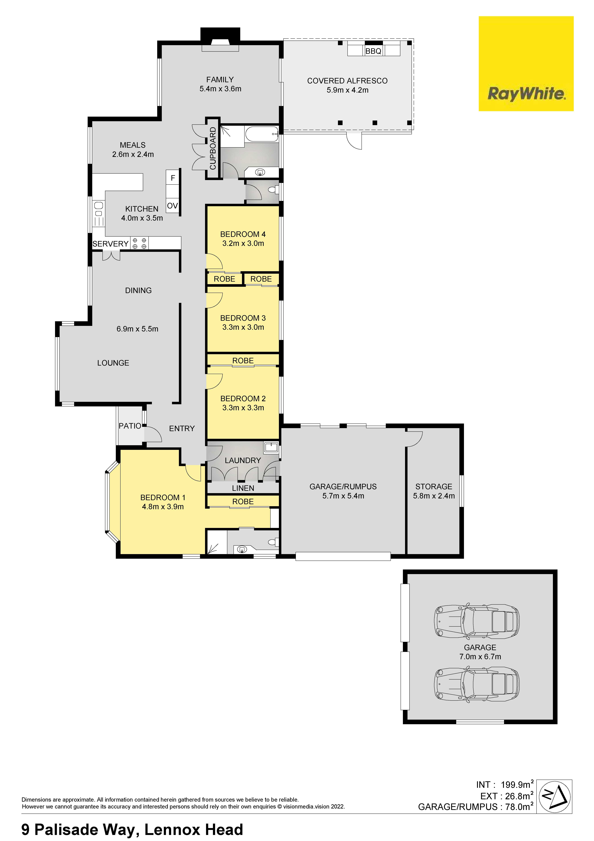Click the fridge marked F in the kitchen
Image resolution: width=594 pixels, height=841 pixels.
click(x=173, y=178)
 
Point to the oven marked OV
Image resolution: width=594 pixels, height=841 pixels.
click(x=172, y=206)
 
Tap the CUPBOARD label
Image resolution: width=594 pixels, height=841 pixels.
click(x=213, y=148)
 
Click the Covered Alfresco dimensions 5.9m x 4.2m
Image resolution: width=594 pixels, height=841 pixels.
click(x=347, y=90)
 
